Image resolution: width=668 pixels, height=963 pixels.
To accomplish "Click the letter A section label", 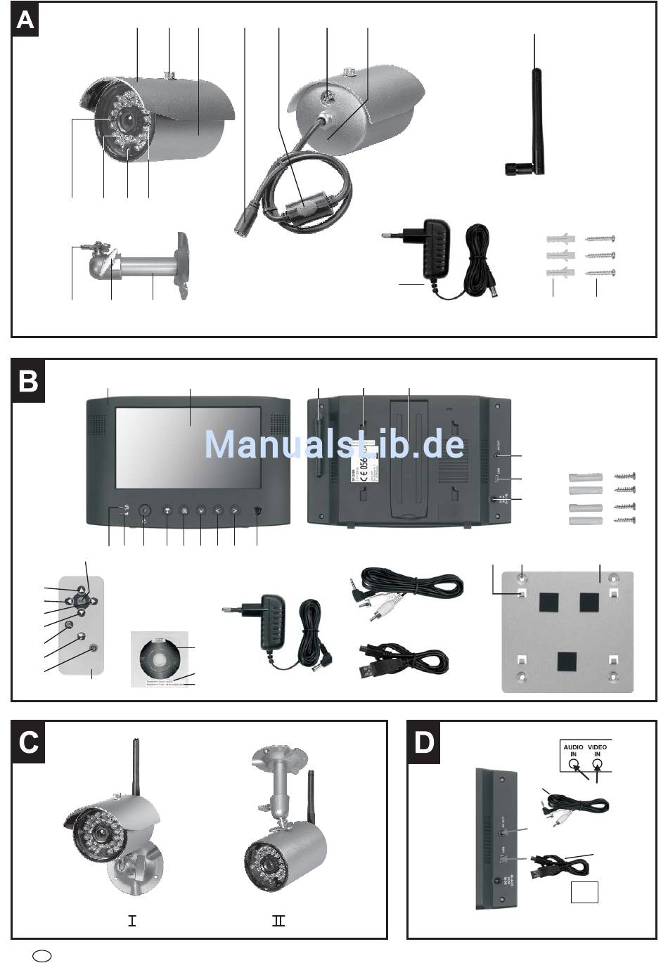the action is click(25, 20).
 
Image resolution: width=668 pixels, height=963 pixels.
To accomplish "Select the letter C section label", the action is click(29, 742).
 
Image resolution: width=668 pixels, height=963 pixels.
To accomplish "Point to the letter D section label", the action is click(424, 742).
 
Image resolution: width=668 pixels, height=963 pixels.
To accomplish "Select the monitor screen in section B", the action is click(188, 448).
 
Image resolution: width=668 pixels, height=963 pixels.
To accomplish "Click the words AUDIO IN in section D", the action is click(573, 751).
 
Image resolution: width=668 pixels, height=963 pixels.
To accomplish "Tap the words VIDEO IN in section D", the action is click(597, 751).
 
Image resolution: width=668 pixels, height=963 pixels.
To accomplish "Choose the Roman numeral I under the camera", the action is click(131, 920).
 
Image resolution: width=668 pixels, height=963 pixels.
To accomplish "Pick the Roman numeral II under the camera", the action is click(278, 920).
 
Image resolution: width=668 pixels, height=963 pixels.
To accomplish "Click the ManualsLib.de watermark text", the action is click(334, 444).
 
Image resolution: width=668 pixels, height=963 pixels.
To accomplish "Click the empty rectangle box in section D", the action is click(584, 892).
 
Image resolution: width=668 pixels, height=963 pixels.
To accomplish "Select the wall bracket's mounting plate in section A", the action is click(182, 266).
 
